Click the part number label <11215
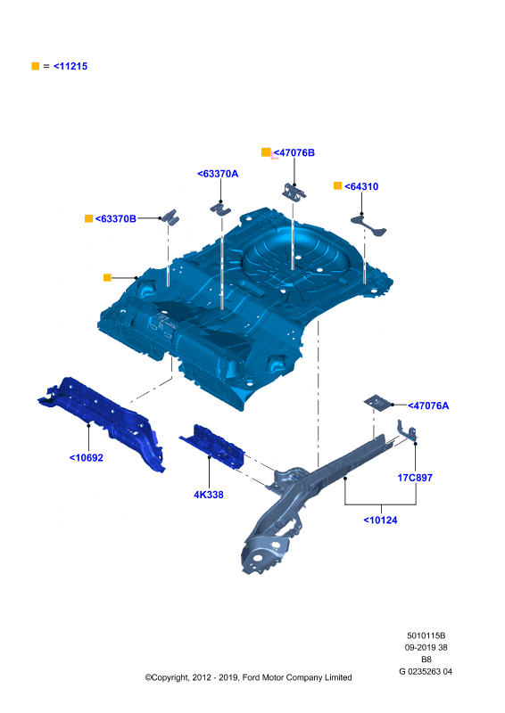(70, 66)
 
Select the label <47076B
(294, 152)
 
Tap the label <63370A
(218, 174)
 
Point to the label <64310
(361, 186)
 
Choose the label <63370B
(116, 218)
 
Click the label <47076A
(428, 406)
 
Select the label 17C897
(415, 478)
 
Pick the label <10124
(380, 520)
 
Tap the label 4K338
(209, 495)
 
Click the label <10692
(86, 458)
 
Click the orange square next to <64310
(337, 185)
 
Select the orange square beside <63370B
(89, 218)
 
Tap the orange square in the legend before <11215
(36, 66)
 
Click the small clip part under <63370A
(221, 209)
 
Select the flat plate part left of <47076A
(377, 402)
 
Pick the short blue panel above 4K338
(212, 447)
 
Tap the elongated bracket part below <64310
(368, 225)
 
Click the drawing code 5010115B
(426, 635)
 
